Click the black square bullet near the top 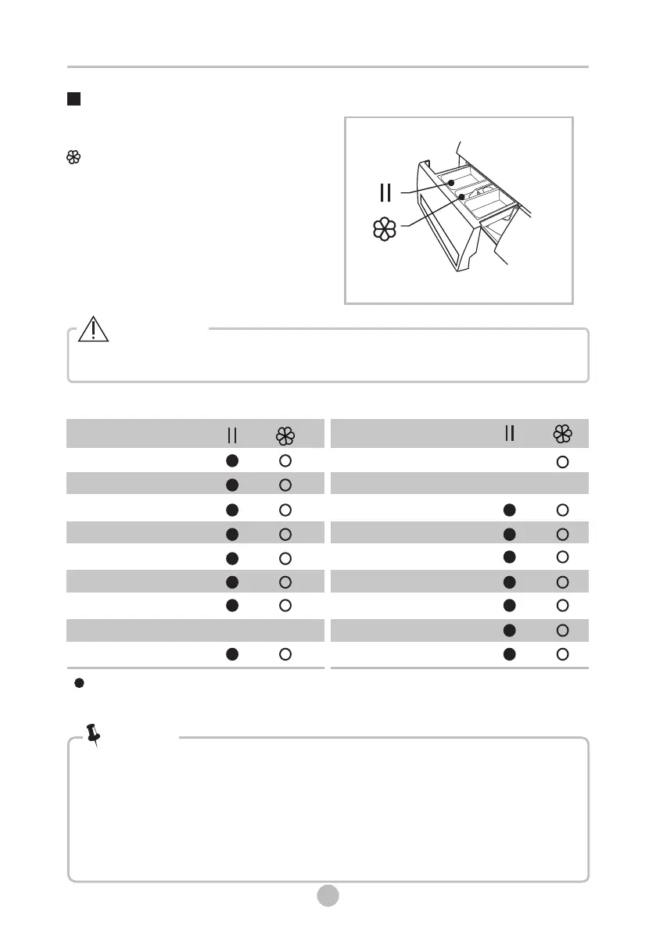(74, 99)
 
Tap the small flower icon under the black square (73, 157)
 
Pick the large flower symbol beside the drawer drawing (384, 229)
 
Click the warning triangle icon (93, 331)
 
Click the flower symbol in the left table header (285, 435)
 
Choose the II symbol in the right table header (509, 433)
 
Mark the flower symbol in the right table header (561, 434)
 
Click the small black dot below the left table (79, 683)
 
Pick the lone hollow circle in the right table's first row (561, 462)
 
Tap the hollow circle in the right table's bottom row (561, 653)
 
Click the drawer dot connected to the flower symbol (463, 197)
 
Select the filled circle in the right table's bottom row (509, 653)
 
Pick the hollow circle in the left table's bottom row (285, 653)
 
